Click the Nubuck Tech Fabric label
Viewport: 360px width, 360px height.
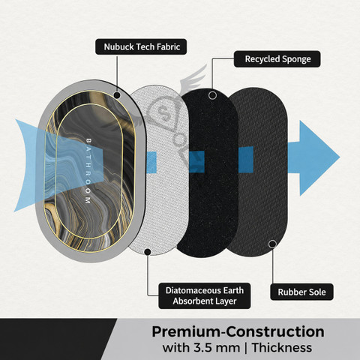click(x=141, y=46)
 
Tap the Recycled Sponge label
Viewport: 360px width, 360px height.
click(x=277, y=59)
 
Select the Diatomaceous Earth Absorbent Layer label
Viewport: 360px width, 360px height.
click(x=205, y=295)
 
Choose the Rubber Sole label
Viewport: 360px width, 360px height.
click(x=301, y=292)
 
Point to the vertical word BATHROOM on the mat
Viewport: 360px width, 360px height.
click(x=88, y=171)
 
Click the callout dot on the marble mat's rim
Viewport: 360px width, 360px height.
click(x=117, y=95)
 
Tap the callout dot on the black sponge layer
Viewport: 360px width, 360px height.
click(x=212, y=95)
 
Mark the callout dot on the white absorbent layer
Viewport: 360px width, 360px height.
click(x=148, y=252)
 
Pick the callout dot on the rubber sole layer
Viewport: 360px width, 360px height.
click(x=272, y=244)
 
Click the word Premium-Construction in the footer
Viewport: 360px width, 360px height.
click(x=238, y=331)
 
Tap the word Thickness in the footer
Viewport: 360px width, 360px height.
click(x=282, y=348)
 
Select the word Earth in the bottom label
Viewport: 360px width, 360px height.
click(x=233, y=290)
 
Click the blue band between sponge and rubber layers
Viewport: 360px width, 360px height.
click(x=245, y=160)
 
